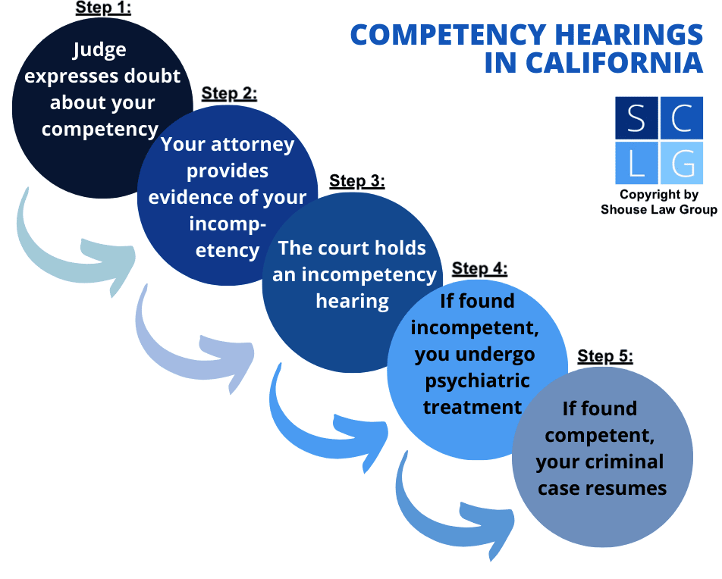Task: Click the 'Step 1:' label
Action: [x=103, y=8]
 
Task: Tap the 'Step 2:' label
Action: [x=229, y=94]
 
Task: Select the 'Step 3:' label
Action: [x=357, y=182]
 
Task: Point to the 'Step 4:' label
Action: [x=479, y=269]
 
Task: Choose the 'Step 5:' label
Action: [x=604, y=356]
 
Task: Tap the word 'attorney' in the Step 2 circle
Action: [x=256, y=144]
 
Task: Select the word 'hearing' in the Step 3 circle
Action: [x=352, y=301]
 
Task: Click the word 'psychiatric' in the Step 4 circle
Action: [x=477, y=380]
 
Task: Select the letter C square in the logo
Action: [x=682, y=119]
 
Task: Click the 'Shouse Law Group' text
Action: [x=658, y=209]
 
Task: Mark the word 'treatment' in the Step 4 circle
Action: [x=472, y=407]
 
